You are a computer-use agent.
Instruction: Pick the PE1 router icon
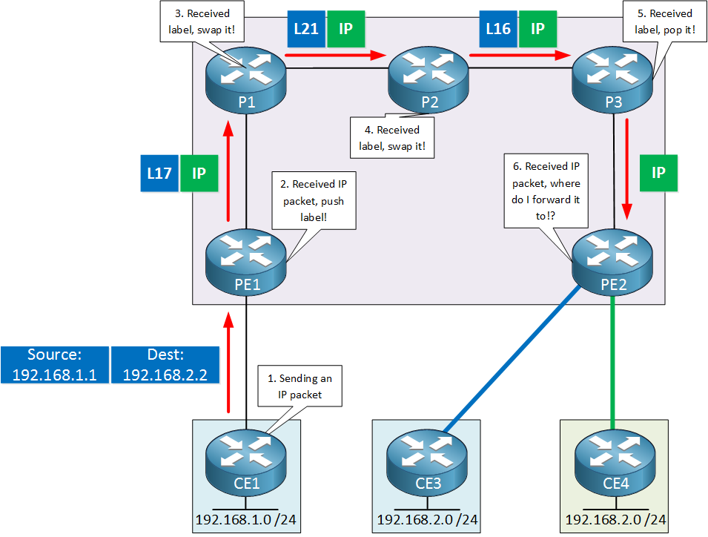click(246, 260)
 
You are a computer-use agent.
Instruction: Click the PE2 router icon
click(613, 260)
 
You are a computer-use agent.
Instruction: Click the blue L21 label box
click(305, 29)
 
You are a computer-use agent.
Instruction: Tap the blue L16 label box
click(498, 29)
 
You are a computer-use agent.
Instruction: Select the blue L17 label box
click(159, 173)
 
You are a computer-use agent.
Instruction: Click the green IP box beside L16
click(538, 29)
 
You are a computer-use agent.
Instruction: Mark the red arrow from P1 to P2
click(337, 54)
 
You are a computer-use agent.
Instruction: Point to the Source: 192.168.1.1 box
click(55, 365)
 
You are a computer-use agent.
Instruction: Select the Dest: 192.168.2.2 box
click(165, 365)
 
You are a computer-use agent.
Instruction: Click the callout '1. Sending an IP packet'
click(300, 386)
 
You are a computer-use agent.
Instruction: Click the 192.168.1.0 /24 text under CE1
click(245, 520)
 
